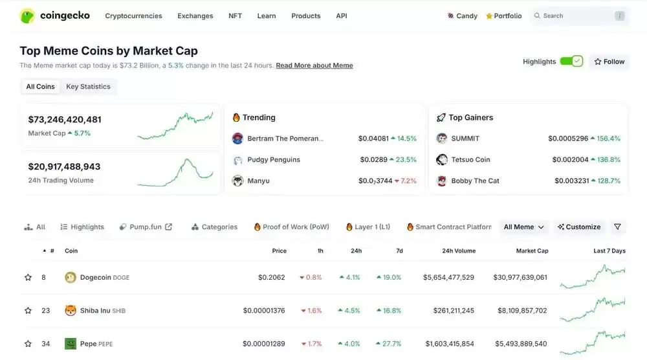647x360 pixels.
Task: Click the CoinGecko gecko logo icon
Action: [27, 16]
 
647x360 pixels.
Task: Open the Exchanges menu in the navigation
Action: [195, 16]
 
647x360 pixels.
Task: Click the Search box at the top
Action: [579, 16]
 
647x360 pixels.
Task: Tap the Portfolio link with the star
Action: [504, 16]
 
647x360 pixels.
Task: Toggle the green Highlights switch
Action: [571, 62]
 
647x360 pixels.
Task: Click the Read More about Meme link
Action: [314, 65]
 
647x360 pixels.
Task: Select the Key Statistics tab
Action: [88, 86]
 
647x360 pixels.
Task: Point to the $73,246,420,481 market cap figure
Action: [65, 119]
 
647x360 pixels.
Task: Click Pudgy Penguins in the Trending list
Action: [274, 159]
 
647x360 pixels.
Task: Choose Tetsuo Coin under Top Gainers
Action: [470, 159]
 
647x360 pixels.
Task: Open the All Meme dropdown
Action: [523, 227]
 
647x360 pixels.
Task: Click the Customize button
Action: [579, 227]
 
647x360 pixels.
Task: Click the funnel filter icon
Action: [617, 227]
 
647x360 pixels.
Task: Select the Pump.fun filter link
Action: [146, 227]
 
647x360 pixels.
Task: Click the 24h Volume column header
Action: [459, 251]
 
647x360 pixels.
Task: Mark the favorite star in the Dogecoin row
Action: [28, 277]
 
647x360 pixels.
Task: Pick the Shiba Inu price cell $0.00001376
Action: [264, 310]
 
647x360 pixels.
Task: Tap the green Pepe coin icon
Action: [71, 343]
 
